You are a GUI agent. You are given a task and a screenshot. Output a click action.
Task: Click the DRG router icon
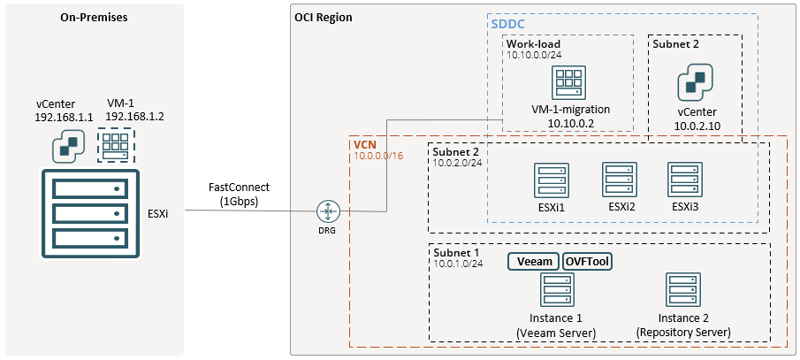[x=328, y=211]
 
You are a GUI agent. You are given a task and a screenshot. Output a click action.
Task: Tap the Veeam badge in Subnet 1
[x=534, y=261]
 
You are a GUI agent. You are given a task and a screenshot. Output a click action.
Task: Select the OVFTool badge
[x=588, y=261]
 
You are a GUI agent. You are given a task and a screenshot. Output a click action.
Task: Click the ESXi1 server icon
[x=552, y=180]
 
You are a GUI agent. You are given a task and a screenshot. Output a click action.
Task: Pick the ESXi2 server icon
[x=619, y=180]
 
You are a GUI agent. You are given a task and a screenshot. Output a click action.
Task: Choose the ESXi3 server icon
[x=684, y=180]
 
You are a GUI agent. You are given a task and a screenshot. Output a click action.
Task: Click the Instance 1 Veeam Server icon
[x=555, y=291]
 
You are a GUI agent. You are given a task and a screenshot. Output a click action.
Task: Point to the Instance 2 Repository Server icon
[x=683, y=291]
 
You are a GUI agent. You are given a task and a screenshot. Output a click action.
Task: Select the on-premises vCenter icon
[x=66, y=147]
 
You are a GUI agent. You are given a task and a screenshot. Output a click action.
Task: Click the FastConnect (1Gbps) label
[x=239, y=194]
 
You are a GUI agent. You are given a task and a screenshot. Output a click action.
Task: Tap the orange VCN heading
[x=366, y=143]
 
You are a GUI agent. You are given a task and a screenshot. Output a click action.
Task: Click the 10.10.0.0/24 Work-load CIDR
[x=533, y=55]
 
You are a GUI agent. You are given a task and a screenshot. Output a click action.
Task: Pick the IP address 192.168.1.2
[x=134, y=116]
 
